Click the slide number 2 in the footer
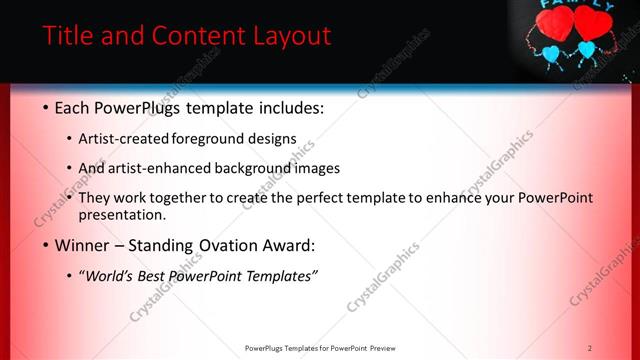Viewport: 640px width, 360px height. tap(590, 348)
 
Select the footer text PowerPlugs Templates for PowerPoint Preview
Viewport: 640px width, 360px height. tap(320, 348)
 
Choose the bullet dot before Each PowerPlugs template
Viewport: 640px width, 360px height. tap(46, 108)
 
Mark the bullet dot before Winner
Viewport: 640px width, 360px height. tap(46, 245)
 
